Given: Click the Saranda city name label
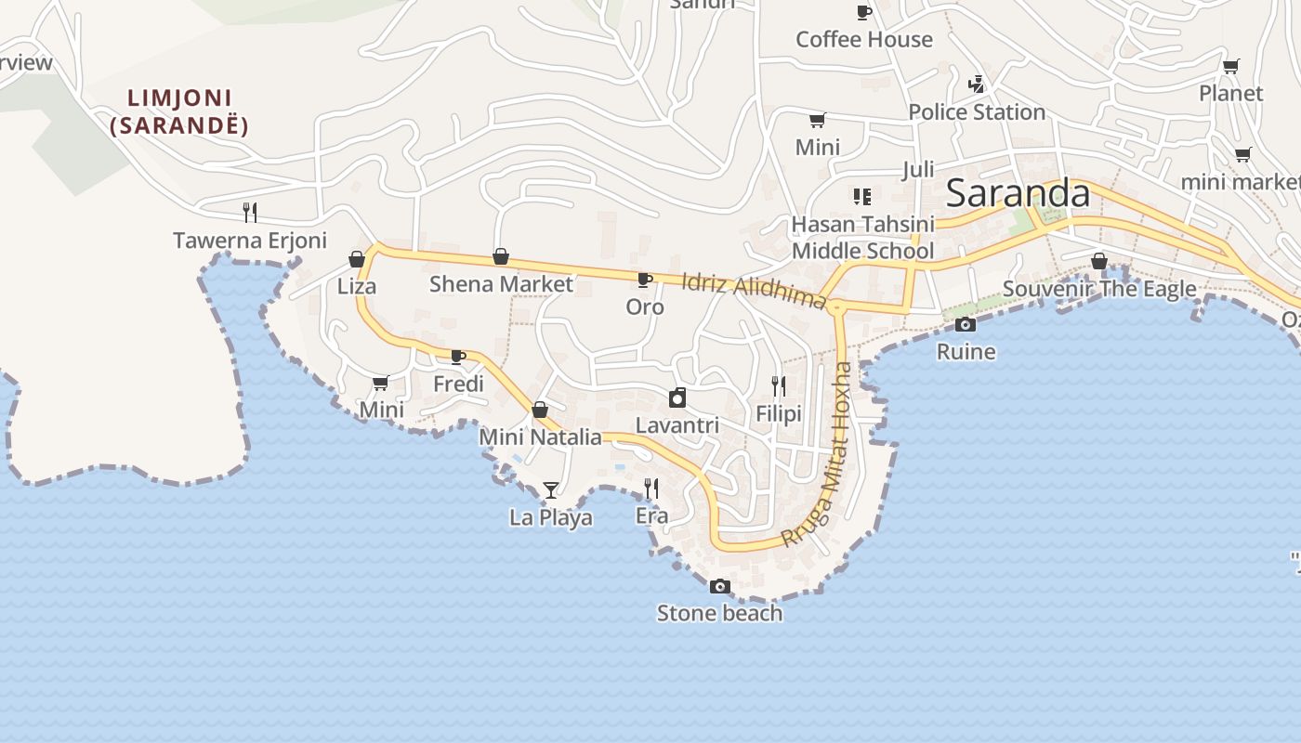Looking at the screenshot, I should [1018, 194].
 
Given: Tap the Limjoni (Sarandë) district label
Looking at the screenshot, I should [179, 111].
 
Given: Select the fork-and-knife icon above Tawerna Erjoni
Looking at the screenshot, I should [250, 213].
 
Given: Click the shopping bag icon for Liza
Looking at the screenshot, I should [357, 259].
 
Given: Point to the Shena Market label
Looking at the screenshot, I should [501, 284].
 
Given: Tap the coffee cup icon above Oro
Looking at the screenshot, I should [644, 280].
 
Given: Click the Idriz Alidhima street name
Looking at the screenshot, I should [754, 290].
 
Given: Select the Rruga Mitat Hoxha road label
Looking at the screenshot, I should [818, 455].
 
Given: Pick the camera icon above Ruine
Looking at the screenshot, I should [966, 324].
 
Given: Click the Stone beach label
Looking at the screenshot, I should [719, 613].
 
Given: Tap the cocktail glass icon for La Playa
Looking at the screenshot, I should [551, 489].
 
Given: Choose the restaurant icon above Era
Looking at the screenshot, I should [651, 489].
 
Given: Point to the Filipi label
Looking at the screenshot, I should [779, 413].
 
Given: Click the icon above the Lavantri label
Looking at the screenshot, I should [677, 398].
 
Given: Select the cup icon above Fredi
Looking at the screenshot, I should [458, 357].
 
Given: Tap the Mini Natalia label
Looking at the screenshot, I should [540, 437].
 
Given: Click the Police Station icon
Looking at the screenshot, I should [976, 85].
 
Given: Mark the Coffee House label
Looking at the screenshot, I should [864, 39].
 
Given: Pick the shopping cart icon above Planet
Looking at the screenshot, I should [1230, 66].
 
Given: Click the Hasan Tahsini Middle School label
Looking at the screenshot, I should [862, 238].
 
